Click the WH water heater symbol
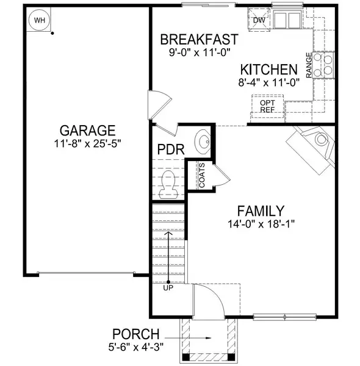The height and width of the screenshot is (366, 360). point(40,20)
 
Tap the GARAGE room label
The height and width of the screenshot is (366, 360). point(87,131)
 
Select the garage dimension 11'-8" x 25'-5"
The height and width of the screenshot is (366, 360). point(87,145)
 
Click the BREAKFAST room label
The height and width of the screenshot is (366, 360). point(199,40)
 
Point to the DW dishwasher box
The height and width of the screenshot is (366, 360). point(258,20)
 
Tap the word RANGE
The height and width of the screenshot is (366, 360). point(309,65)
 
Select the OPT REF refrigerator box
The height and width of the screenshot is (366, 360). point(267,106)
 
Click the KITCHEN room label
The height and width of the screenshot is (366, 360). point(268,70)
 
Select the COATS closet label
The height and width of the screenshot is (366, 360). point(201,174)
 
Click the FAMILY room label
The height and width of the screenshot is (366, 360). point(261,210)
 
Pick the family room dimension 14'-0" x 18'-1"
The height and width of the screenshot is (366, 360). point(261,224)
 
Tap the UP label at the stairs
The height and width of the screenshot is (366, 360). point(168,287)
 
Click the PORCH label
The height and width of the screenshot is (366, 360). point(135,334)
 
